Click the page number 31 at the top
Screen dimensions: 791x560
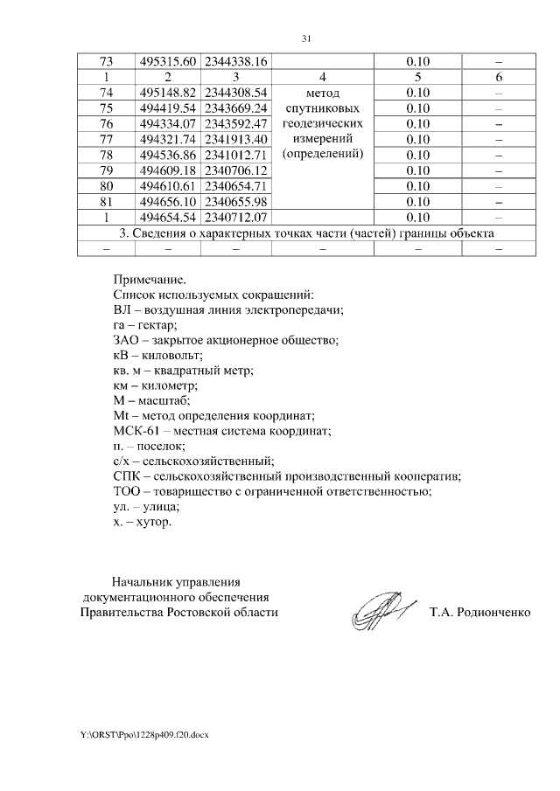[306, 38]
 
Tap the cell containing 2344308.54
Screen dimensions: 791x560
[235, 93]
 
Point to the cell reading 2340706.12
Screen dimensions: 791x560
[235, 170]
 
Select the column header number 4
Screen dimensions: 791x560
[323, 77]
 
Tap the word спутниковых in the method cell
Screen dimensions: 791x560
[323, 108]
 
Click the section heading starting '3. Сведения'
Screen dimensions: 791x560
[306, 232]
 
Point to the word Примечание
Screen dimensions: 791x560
[150, 280]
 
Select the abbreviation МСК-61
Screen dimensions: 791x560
[135, 432]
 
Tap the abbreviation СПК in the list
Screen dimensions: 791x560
[129, 477]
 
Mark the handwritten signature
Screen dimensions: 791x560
[379, 612]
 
